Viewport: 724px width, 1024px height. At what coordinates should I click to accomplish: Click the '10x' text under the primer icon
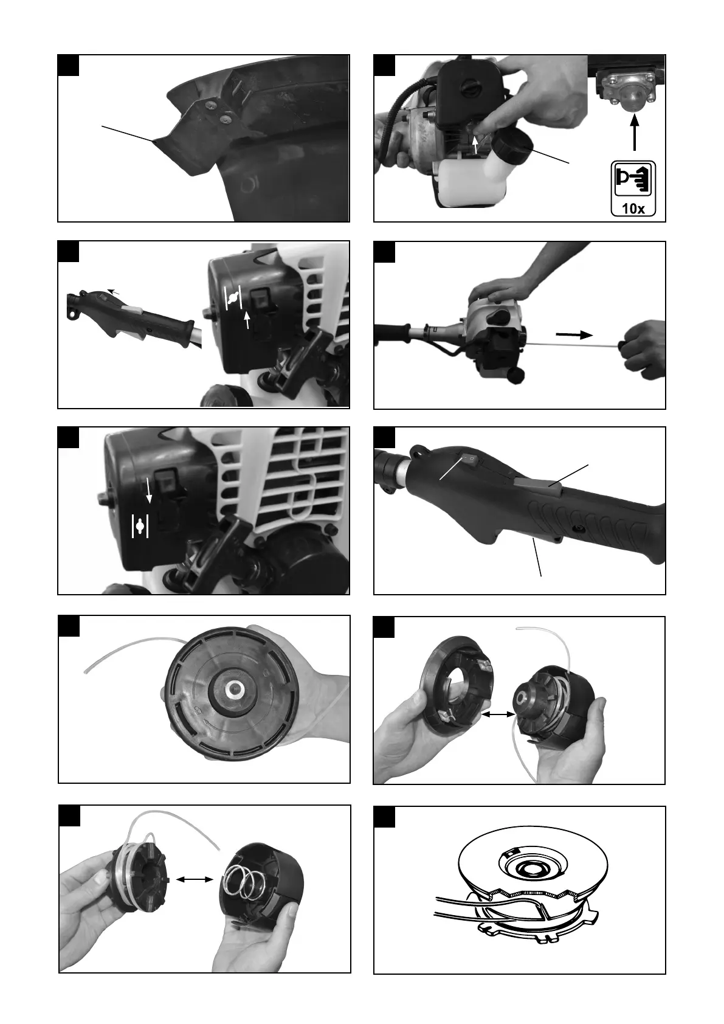(633, 209)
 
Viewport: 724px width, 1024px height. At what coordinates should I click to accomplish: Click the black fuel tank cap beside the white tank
(513, 147)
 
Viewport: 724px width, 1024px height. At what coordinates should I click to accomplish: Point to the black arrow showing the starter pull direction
(574, 334)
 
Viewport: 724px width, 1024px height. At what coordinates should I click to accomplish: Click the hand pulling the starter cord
(643, 348)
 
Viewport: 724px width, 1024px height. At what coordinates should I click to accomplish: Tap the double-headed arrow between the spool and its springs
(195, 879)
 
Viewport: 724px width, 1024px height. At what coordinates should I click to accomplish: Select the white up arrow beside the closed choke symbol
(247, 320)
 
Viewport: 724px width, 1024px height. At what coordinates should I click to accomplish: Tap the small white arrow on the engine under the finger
(476, 145)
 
